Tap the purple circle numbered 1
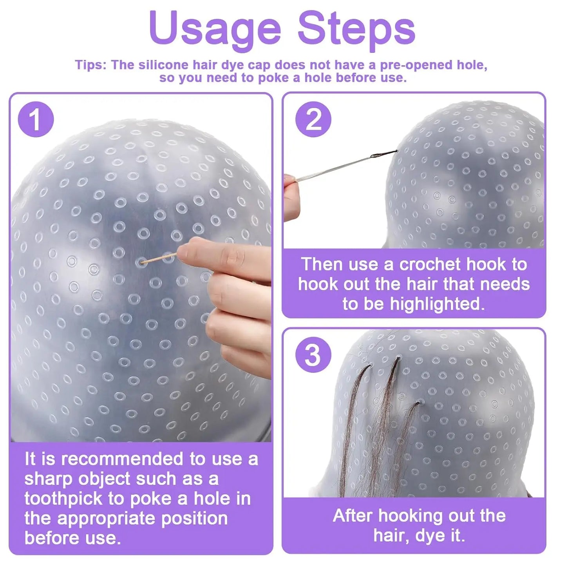coord(36,119)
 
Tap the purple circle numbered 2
coord(313,119)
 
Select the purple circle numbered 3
coord(313,355)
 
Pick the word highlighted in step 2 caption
coord(437,304)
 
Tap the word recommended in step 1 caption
coord(121,459)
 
